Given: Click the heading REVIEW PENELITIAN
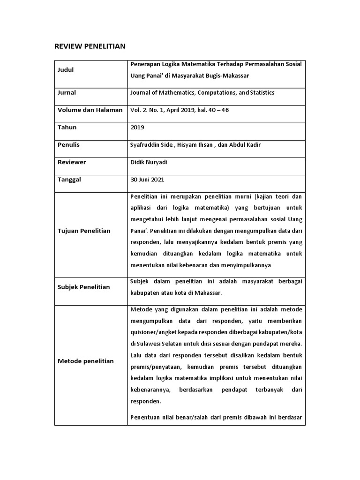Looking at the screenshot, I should [90, 46].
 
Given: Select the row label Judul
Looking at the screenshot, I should [66, 70].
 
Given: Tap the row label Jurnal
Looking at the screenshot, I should [67, 93].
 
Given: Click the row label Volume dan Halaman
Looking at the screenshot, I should [90, 110].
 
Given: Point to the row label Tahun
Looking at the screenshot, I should [67, 127].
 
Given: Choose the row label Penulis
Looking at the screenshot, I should [68, 145].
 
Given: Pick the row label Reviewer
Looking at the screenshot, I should [72, 162].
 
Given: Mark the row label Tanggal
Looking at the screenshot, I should [69, 180].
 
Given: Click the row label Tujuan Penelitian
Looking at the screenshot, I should [84, 231].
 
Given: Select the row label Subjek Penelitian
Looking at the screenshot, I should [83, 287].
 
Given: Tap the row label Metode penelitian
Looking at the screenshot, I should [85, 361].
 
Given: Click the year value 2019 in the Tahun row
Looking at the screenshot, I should [137, 127].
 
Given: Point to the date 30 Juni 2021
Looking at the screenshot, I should [147, 180].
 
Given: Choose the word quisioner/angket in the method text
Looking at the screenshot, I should [154, 333].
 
